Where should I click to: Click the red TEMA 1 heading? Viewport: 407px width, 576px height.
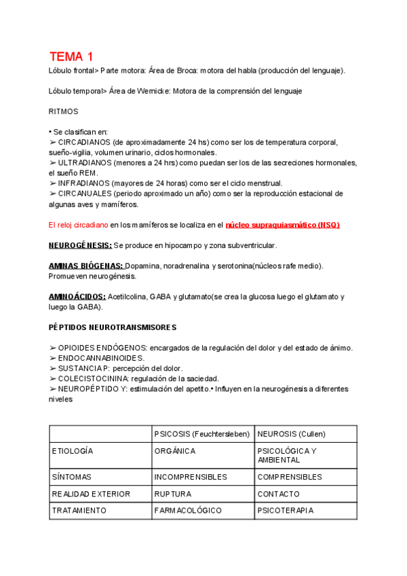click(x=71, y=56)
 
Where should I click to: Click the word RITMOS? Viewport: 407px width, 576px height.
click(x=64, y=111)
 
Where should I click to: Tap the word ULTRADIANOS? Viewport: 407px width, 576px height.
click(x=84, y=162)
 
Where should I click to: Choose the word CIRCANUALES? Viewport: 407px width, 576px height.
click(x=85, y=194)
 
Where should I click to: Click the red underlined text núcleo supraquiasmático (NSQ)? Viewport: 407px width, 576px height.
click(x=282, y=225)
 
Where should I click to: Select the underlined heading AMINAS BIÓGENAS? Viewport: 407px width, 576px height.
click(x=86, y=266)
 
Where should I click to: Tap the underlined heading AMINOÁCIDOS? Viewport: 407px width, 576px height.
click(x=77, y=297)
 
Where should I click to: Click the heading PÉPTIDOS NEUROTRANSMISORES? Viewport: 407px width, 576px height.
click(x=112, y=327)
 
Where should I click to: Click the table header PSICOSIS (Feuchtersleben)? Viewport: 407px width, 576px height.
click(x=202, y=434)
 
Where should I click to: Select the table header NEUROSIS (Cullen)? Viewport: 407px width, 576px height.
click(x=292, y=434)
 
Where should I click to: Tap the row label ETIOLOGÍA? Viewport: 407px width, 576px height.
click(x=73, y=451)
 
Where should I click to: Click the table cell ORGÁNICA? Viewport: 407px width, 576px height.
click(x=175, y=451)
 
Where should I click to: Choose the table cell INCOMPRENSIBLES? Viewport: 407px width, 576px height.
click(x=191, y=477)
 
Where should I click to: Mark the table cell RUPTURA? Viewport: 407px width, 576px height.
click(x=173, y=494)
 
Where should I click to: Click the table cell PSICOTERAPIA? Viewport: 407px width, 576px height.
click(x=286, y=510)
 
